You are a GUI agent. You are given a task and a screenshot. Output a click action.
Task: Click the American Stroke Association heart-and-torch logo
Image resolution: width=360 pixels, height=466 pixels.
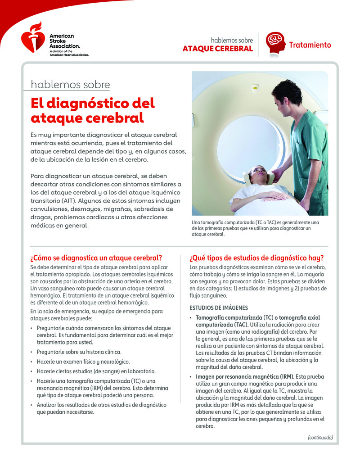(33, 38)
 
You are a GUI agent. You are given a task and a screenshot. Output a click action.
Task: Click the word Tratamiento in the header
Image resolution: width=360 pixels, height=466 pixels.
(310, 45)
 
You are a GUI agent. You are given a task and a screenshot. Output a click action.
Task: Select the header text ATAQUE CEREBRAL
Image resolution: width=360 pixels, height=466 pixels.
(217, 49)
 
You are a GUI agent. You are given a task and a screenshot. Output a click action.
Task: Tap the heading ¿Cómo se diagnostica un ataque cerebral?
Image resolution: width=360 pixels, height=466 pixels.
(96, 258)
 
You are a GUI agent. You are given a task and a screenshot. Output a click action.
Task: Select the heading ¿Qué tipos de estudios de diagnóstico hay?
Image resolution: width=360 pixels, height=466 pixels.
(256, 258)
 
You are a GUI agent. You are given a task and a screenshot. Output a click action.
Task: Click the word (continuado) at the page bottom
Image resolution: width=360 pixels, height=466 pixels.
(320, 437)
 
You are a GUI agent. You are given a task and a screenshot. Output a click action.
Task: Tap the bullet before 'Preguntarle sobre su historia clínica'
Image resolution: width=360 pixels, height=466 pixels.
(31, 352)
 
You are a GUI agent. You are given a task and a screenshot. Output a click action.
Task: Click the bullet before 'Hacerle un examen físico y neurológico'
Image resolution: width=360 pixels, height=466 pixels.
(31, 362)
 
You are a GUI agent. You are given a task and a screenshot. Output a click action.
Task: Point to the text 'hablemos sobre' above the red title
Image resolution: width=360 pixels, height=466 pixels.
(70, 85)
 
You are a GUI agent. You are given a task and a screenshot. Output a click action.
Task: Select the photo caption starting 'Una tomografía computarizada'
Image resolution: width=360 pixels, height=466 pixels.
(255, 228)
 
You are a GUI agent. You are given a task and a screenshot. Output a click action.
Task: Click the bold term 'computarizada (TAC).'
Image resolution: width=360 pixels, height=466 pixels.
(222, 324)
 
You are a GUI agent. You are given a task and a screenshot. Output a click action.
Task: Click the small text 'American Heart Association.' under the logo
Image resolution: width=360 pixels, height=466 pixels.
(69, 55)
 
